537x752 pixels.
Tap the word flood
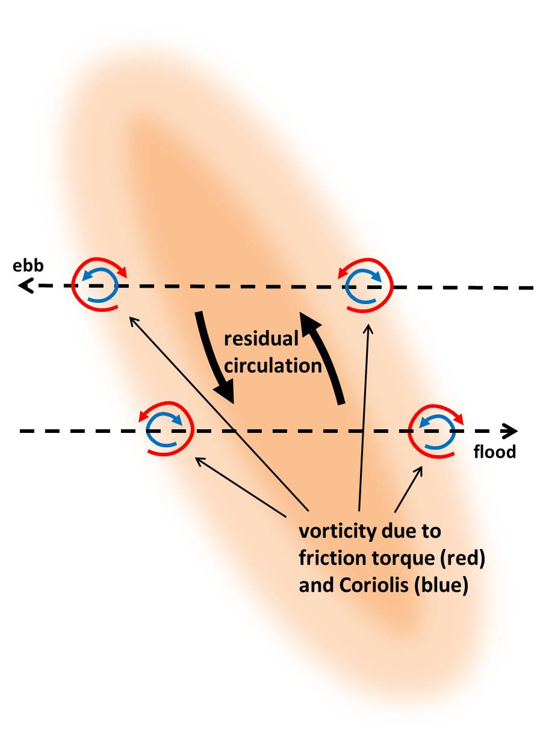tap(495, 452)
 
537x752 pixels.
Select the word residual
tap(261, 339)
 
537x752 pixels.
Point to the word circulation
tap(273, 365)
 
